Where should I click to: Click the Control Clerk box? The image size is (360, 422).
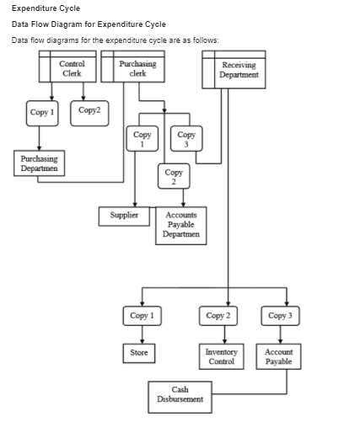click(x=71, y=68)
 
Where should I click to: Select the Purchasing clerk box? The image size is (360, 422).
click(x=132, y=68)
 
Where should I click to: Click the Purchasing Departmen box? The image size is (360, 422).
click(x=34, y=162)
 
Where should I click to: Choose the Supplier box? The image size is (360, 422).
click(x=125, y=215)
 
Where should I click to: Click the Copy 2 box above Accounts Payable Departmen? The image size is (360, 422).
click(x=171, y=177)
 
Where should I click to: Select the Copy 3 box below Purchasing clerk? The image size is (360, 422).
click(x=186, y=138)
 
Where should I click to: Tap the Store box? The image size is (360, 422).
click(x=138, y=352)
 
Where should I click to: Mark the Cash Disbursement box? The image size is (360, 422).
click(x=180, y=394)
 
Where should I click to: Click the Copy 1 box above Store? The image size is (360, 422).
click(x=142, y=317)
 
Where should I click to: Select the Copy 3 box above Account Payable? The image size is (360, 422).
click(x=278, y=317)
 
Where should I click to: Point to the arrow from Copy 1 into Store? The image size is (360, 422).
click(x=142, y=336)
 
